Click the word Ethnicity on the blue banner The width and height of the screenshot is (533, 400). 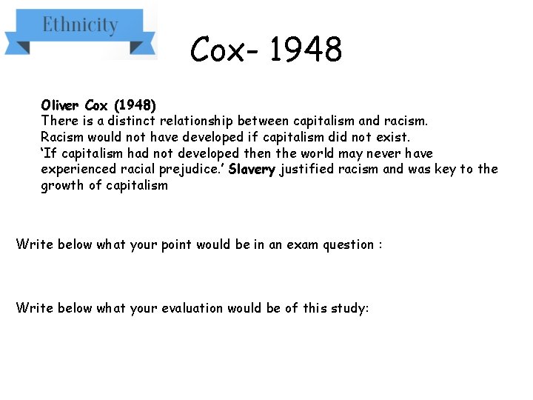(80, 25)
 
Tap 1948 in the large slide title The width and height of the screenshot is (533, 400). (306, 50)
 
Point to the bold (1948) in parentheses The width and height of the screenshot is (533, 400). (135, 104)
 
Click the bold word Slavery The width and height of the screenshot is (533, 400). (252, 169)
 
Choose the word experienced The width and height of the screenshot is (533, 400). (77, 169)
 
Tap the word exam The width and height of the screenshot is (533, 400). (304, 244)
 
